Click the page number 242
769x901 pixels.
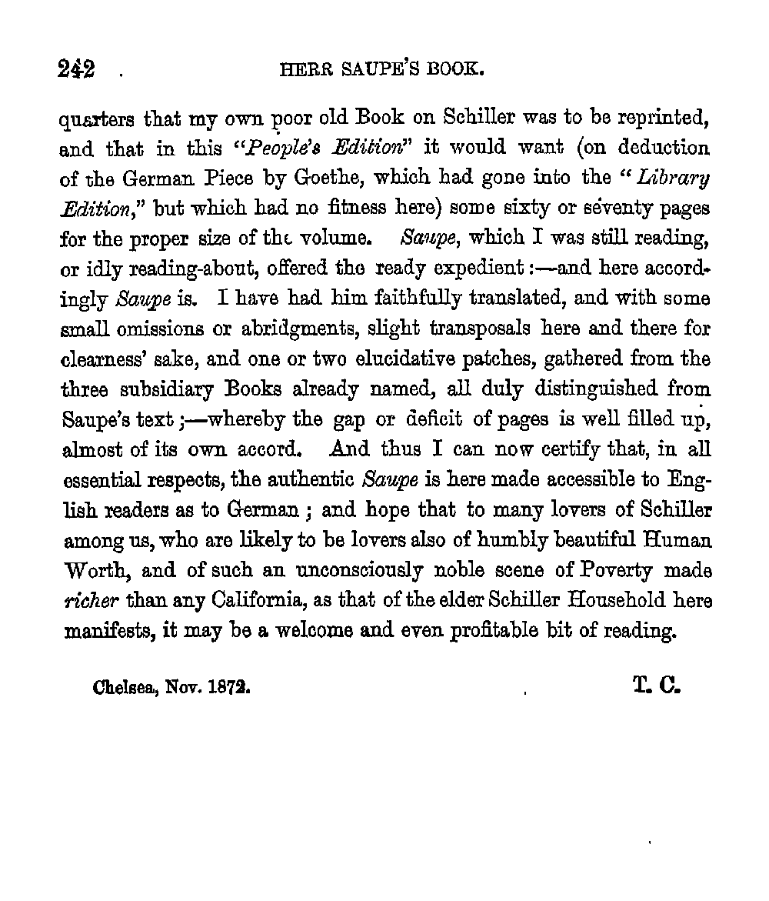[77, 70]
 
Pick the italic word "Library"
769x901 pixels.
[677, 178]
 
